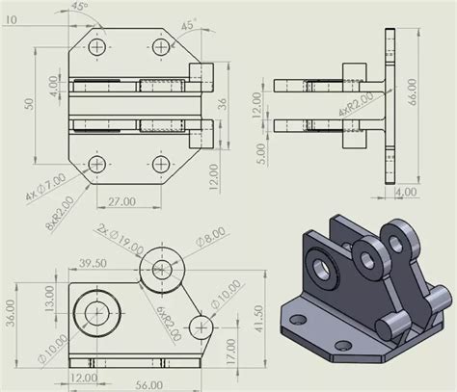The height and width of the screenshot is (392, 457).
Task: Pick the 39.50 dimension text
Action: [92, 263]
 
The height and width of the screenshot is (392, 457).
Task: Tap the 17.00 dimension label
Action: [229, 350]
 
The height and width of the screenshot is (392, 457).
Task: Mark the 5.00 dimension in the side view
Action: [256, 152]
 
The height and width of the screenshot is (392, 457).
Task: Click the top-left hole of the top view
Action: [95, 45]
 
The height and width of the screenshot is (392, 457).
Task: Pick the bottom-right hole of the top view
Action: [161, 162]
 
